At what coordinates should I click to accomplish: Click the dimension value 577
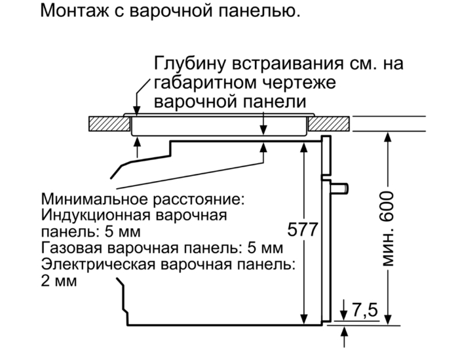[x=303, y=230]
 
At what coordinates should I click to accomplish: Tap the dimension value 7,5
[x=364, y=310]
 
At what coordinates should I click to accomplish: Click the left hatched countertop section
[x=109, y=124]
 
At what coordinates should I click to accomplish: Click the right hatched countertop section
[x=329, y=124]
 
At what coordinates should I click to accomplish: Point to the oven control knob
[x=339, y=188]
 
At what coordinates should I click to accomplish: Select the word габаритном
[x=205, y=83]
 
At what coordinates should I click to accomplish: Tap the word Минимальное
[x=95, y=199]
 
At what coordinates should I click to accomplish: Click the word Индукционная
[x=96, y=215]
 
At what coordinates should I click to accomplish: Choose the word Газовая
[x=72, y=248]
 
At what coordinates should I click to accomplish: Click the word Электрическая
[x=98, y=264]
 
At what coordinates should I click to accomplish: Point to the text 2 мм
[x=59, y=281]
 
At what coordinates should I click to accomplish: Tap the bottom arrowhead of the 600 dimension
[x=388, y=319]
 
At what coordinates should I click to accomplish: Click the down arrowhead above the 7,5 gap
[x=344, y=315]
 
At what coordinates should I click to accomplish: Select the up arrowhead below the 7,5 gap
[x=344, y=332]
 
